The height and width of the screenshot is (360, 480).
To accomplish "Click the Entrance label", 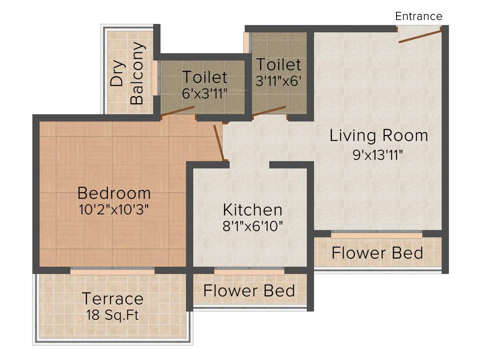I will point(419,16).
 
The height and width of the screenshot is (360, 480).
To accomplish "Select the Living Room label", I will point(379,135).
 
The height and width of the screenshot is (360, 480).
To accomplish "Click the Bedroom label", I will point(114,193).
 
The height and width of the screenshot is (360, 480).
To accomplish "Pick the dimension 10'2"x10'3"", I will point(114,209).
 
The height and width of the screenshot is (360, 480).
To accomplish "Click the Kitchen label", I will point(252,210).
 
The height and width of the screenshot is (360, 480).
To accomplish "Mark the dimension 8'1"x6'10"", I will point(252,226).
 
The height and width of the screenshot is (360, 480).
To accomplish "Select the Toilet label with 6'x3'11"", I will point(204,76).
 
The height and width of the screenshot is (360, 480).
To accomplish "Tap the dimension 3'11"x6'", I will point(278,80).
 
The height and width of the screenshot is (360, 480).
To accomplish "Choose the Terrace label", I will point(112,298).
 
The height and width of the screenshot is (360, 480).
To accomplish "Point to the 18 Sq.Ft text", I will point(112,314).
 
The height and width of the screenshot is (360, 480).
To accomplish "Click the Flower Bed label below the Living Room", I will point(377,253).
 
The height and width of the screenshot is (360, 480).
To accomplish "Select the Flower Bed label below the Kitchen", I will point(249,291).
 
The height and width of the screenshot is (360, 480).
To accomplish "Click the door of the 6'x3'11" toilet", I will point(177,111).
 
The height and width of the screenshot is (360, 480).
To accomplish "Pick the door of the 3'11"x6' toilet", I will point(269,111).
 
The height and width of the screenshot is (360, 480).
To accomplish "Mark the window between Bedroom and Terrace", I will point(112,270).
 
